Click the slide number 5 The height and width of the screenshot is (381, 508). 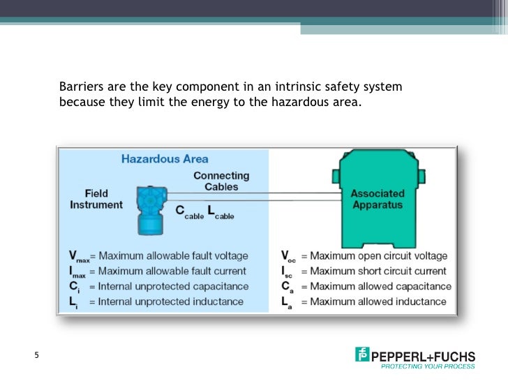(37, 356)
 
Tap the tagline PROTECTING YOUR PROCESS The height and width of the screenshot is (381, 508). (428, 366)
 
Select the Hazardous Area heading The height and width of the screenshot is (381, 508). (165, 158)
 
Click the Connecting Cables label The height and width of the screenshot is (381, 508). (221, 181)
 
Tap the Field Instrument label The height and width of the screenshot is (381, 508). (96, 199)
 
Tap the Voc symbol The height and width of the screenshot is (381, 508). (288, 257)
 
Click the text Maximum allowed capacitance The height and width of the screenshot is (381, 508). (380, 286)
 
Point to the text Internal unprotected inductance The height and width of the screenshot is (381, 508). (171, 301)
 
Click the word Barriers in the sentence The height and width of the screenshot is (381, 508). (80, 87)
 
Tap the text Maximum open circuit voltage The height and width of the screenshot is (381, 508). (379, 256)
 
